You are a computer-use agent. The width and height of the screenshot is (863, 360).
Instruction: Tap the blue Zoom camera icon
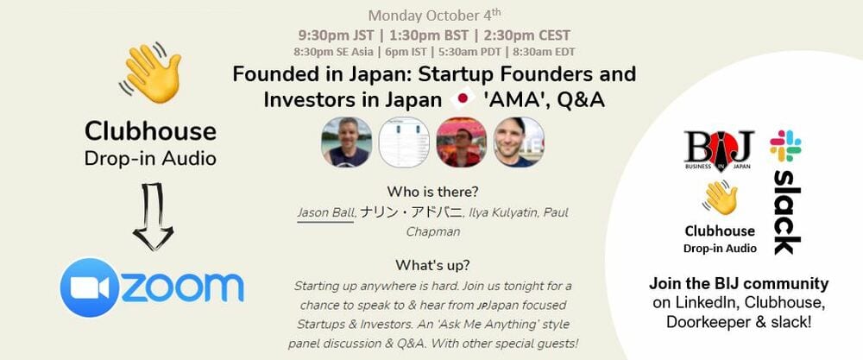coord(89,287)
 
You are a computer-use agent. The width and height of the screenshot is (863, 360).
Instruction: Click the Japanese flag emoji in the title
coord(463,100)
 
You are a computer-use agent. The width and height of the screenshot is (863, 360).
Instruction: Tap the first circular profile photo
coord(346,142)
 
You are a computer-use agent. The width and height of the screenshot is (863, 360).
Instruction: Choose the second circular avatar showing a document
coord(404,142)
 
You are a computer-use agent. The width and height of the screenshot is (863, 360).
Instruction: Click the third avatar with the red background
coord(461,142)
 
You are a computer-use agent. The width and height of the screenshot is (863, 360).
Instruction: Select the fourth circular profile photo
coord(518,142)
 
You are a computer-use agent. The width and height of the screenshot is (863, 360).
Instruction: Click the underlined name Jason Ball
coord(325,212)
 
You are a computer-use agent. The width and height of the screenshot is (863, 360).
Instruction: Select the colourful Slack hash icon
coord(785,146)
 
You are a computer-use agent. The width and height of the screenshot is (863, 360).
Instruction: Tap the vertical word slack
coord(784,212)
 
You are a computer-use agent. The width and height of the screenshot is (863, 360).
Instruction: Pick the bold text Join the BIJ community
coord(739,284)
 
